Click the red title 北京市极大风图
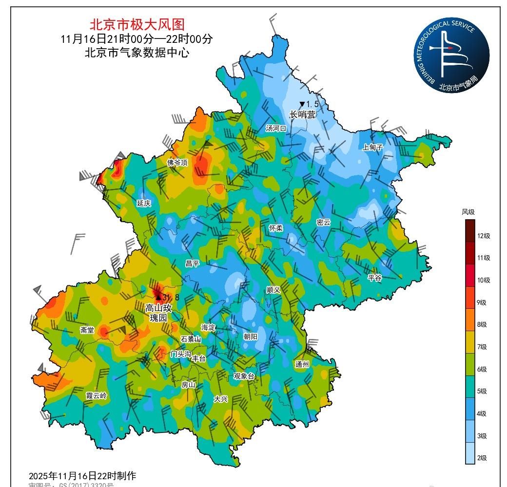(x=137, y=24)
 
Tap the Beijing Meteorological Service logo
(x=452, y=57)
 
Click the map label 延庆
(x=144, y=203)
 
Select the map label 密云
(x=323, y=222)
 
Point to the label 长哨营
(x=302, y=114)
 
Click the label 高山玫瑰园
(x=158, y=312)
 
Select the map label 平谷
(x=374, y=278)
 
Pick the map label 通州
(x=302, y=364)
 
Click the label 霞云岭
(x=96, y=395)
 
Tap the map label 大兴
(x=220, y=398)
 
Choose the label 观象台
(x=244, y=376)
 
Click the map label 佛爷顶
(x=177, y=163)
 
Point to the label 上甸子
(x=372, y=147)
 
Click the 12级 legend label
(x=484, y=236)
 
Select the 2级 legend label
(x=481, y=458)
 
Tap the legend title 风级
(x=468, y=212)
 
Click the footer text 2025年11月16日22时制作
(x=82, y=475)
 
